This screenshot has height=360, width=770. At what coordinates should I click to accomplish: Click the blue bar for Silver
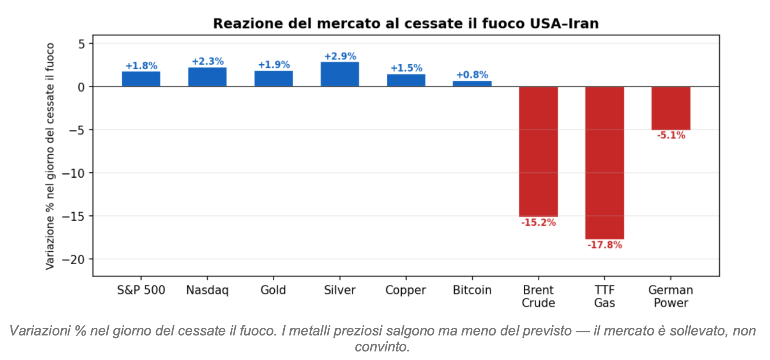point(340,74)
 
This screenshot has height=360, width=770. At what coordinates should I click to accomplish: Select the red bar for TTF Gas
point(604,162)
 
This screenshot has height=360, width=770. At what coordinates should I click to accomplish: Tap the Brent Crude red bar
point(538,151)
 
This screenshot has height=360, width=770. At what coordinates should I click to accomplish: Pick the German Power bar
point(671,108)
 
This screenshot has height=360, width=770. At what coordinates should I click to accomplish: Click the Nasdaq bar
point(207,77)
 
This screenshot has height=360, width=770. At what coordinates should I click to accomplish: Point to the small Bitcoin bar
point(472,83)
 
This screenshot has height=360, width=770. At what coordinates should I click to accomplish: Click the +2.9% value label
point(340,56)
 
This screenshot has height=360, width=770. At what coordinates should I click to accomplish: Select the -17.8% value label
point(604,245)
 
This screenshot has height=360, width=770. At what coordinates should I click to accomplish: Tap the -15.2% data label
point(538,223)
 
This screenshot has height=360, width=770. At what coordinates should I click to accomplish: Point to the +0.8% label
point(472,75)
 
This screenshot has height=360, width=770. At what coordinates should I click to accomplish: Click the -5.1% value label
point(671,136)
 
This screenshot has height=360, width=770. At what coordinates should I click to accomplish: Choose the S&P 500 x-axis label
point(141,290)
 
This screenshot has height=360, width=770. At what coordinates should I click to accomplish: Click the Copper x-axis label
point(406,290)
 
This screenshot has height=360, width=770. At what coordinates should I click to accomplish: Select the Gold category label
point(273,290)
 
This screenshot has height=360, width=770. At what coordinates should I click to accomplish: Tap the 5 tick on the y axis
point(81,44)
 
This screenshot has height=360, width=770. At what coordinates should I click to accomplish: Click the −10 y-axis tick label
point(77,173)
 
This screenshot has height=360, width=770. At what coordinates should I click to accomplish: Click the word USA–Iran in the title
point(564,24)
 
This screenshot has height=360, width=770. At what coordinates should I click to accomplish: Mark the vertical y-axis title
point(50,156)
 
